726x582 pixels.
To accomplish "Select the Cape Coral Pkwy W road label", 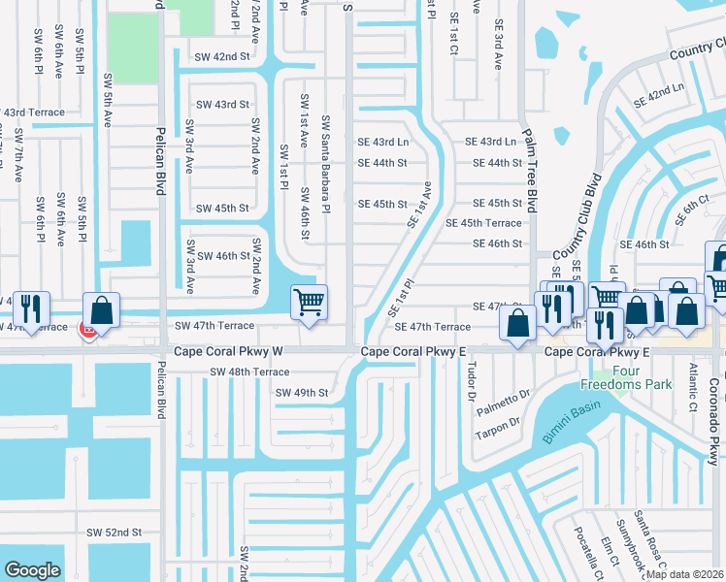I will (228, 352).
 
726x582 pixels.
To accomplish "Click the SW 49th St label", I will (302, 393).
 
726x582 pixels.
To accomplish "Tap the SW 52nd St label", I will (115, 533).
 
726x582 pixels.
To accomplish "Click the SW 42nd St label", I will (222, 57).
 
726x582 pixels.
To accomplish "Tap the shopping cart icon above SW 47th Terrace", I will (309, 302).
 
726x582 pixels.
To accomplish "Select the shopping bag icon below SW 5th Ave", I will (101, 309).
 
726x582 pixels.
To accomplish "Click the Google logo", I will (32, 570).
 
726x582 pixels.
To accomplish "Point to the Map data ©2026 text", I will (684, 574).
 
